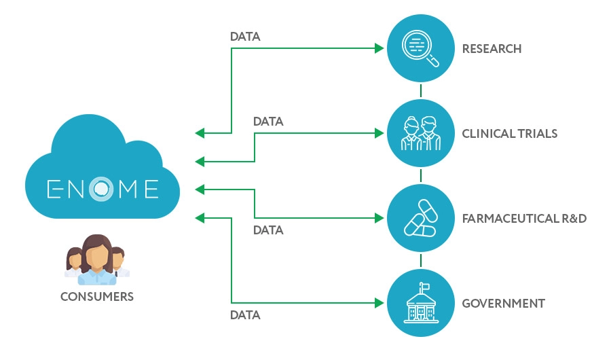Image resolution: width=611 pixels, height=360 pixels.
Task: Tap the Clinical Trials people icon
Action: coord(421,134)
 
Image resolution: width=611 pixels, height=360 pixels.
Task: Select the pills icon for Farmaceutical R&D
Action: coord(421,219)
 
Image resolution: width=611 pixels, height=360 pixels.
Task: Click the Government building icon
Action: coord(421,303)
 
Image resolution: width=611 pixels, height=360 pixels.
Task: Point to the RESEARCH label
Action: coord(492,49)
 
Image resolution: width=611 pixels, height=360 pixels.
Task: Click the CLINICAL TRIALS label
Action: coord(509,134)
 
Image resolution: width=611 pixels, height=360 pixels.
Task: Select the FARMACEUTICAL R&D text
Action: coord(523,219)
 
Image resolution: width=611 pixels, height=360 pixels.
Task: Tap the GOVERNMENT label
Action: coord(503,303)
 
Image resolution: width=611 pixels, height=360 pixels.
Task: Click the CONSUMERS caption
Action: coord(97,297)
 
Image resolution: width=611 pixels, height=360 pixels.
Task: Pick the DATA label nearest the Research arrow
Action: coord(245,37)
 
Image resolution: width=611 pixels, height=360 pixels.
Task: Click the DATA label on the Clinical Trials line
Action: coord(268,122)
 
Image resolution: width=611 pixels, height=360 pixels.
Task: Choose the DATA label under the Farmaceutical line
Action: coord(268,230)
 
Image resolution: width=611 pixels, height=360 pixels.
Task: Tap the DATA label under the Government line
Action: coord(245,315)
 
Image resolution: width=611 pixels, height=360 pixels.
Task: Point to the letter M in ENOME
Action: coord(126,187)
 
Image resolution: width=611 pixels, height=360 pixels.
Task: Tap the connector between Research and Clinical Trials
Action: coord(421,91)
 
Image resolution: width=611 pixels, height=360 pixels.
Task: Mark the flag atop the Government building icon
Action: coord(424,286)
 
